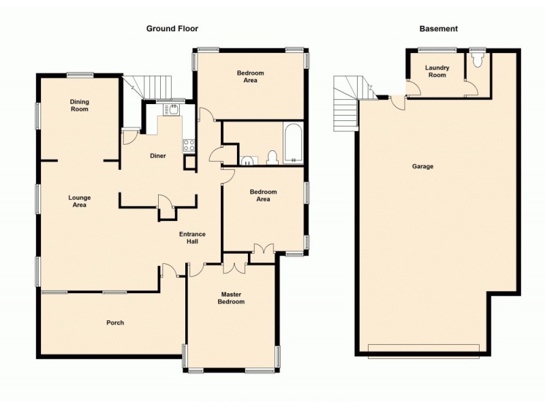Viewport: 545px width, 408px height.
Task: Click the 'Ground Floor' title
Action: click(172, 29)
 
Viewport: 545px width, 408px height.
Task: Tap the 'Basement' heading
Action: click(438, 29)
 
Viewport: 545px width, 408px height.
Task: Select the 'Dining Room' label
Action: click(80, 105)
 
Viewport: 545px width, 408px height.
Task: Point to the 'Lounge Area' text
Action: click(80, 201)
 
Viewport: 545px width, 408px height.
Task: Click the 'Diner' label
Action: click(158, 156)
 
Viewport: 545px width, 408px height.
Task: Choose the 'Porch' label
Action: click(115, 322)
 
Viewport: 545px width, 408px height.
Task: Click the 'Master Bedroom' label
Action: click(232, 298)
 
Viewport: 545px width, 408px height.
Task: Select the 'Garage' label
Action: click(422, 167)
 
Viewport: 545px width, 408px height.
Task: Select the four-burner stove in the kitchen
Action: click(189, 144)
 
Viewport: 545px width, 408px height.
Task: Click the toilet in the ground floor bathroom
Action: click(272, 158)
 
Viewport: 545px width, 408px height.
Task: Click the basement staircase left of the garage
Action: click(347, 105)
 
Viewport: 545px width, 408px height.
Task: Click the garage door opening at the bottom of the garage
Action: click(422, 350)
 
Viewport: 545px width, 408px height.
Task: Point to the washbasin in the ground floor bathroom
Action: click(247, 160)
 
